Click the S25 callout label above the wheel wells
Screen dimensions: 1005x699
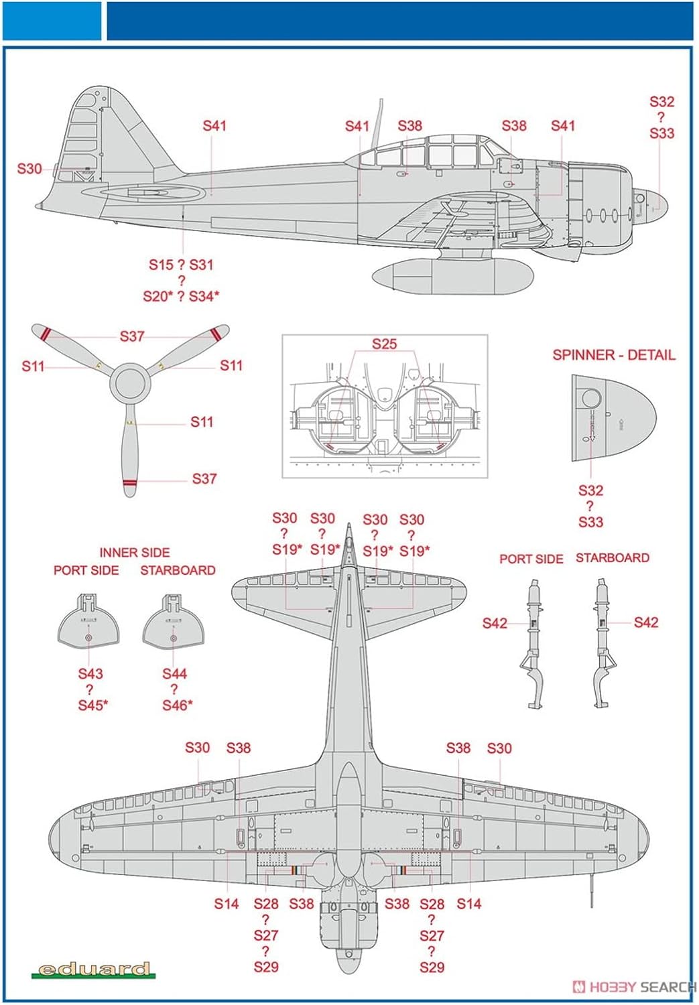coord(384,344)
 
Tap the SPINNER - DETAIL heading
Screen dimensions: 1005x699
coord(613,355)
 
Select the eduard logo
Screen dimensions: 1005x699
coord(94,969)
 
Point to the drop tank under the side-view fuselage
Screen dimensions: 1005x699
coord(452,277)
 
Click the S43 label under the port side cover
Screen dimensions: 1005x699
coord(90,674)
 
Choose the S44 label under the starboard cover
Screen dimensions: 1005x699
coord(174,674)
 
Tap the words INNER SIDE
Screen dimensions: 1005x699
coord(134,553)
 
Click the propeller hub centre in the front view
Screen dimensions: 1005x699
coord(130,384)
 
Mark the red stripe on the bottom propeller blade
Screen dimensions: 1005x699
coord(130,482)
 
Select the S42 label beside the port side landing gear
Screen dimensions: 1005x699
coord(495,624)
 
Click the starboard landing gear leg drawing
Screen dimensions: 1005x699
coord(602,643)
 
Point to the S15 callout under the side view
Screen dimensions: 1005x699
coord(161,265)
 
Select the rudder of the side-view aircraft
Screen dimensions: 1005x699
coord(83,134)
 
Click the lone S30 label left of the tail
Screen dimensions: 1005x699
coord(29,169)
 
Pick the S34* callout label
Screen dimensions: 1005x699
coord(204,297)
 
